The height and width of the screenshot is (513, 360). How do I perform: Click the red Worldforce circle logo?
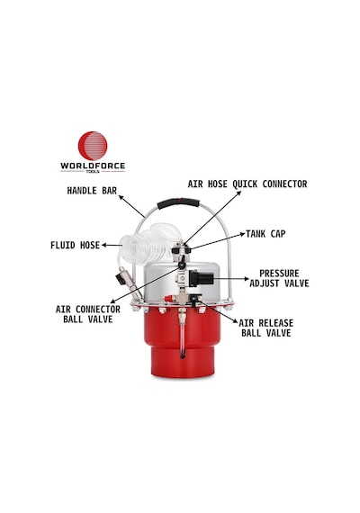93,146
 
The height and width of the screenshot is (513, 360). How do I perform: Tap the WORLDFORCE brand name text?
93,166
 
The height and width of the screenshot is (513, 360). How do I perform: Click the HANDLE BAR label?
92,191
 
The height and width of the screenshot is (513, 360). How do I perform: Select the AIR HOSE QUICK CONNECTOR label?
247,184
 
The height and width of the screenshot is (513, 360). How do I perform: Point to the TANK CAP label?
265,234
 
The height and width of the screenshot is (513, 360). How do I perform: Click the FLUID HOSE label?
75,245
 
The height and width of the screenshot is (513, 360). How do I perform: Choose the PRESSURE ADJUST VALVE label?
279,278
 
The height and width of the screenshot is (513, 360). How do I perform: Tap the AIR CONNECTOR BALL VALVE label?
88,314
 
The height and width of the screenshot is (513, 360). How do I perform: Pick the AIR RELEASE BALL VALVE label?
266,328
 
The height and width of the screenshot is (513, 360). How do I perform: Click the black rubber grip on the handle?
178,202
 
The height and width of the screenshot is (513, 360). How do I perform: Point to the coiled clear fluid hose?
149,243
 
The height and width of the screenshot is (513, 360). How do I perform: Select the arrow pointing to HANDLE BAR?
131,206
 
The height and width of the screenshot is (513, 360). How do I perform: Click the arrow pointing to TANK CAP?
217,241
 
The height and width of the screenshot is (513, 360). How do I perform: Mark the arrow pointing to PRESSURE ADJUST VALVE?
231,279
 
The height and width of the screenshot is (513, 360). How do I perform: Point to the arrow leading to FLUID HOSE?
112,245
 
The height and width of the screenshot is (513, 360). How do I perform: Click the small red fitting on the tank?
169,299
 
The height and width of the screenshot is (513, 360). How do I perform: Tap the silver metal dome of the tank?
182,282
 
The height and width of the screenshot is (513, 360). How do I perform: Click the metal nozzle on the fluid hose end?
129,280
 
